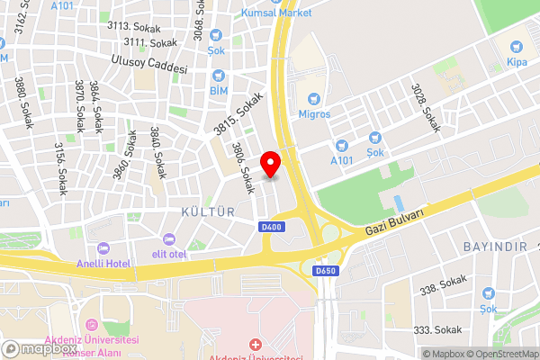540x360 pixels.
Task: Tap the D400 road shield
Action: pyautogui.click(x=269, y=226)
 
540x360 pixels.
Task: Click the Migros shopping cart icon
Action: pyautogui.click(x=313, y=98)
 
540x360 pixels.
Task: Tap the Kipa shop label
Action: pyautogui.click(x=517, y=63)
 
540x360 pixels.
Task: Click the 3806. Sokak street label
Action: pyautogui.click(x=244, y=168)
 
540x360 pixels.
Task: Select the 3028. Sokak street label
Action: pyautogui.click(x=426, y=108)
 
